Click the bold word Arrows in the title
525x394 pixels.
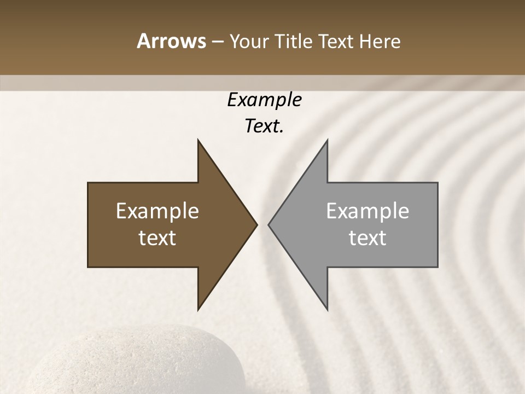click(x=171, y=41)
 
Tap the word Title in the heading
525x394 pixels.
click(x=295, y=41)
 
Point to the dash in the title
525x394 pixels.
click(x=217, y=42)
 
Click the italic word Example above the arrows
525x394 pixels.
click(x=264, y=100)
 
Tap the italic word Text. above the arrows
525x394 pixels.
click(x=264, y=126)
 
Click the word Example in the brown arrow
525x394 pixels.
click(x=157, y=211)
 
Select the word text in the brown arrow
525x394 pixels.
click(x=157, y=237)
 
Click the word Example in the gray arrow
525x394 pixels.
click(x=367, y=211)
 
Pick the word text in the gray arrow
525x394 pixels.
click(x=367, y=237)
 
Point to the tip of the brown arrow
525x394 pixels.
click(x=257, y=224)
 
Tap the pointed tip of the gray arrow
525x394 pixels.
click(x=269, y=224)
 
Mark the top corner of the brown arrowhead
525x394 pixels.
click(x=198, y=140)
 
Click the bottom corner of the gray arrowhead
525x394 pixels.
click(x=327, y=309)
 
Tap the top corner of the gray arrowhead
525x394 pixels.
click(x=327, y=140)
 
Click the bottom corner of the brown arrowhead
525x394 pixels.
click(x=198, y=309)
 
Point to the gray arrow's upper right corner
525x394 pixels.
click(x=437, y=183)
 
